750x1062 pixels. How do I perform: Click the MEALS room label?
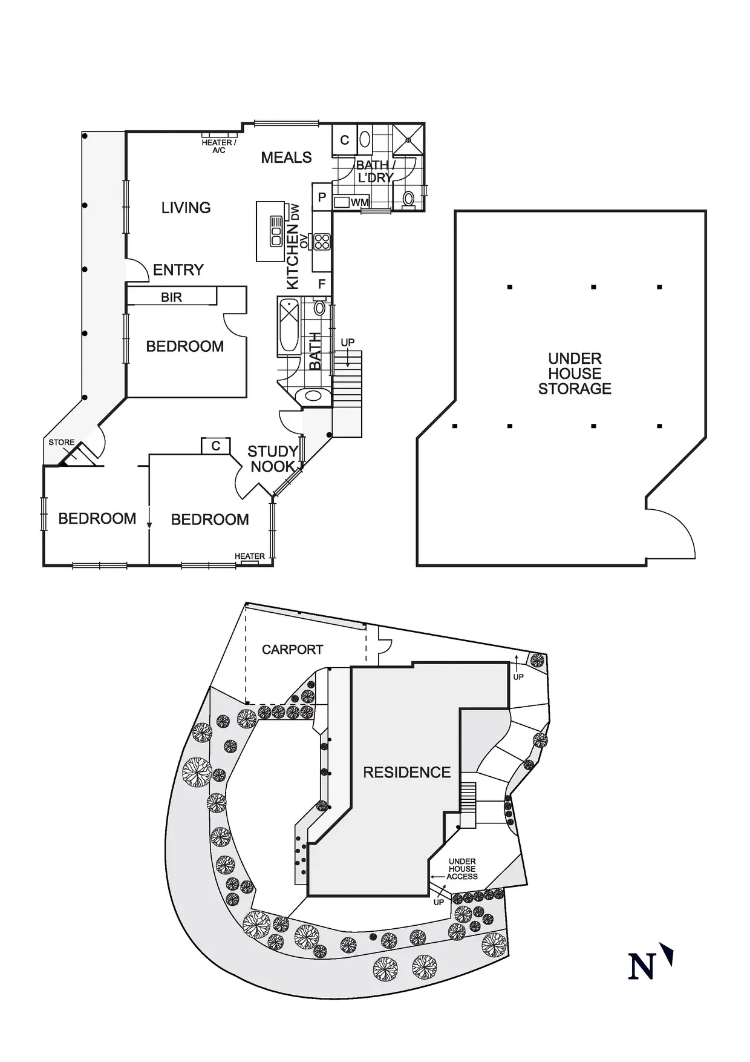pyautogui.click(x=286, y=158)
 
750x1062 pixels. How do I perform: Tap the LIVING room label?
pyautogui.click(x=186, y=208)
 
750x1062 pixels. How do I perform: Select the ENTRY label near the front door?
pyautogui.click(x=178, y=270)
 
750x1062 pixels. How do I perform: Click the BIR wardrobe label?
pyautogui.click(x=171, y=297)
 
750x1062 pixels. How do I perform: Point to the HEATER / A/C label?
pyautogui.click(x=218, y=146)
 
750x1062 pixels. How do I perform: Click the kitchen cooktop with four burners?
pyautogui.click(x=322, y=242)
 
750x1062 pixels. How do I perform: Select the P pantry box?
pyautogui.click(x=322, y=197)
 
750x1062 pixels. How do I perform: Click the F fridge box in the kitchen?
pyautogui.click(x=322, y=283)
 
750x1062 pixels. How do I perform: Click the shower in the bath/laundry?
pyautogui.click(x=408, y=140)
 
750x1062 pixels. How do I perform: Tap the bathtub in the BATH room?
pyautogui.click(x=288, y=327)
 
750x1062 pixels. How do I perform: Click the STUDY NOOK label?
pyautogui.click(x=273, y=459)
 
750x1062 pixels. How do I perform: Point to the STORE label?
pyautogui.click(x=61, y=443)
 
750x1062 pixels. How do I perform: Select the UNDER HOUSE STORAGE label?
pyautogui.click(x=575, y=374)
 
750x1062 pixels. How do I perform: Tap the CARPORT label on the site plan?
pyautogui.click(x=292, y=650)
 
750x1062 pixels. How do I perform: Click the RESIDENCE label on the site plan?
pyautogui.click(x=406, y=773)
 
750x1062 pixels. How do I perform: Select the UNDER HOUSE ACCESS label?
pyautogui.click(x=462, y=869)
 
